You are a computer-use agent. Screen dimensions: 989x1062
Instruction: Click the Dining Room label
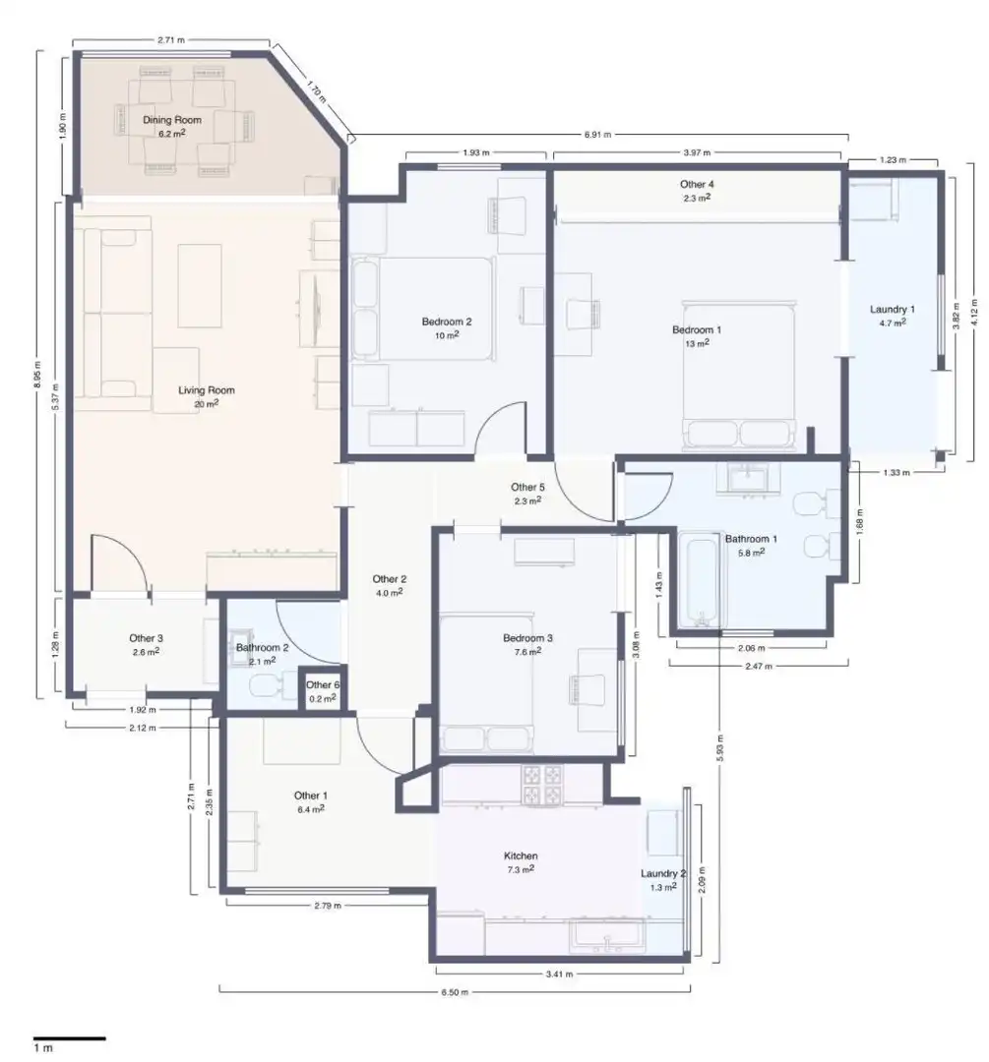(x=171, y=120)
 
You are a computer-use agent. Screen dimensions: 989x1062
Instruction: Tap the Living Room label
(x=206, y=390)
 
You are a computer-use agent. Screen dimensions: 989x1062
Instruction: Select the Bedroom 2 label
(x=446, y=322)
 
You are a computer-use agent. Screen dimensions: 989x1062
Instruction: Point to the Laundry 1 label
(x=892, y=310)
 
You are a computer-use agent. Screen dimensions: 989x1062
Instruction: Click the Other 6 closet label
(x=323, y=684)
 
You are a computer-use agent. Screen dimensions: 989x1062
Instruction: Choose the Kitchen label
(x=521, y=856)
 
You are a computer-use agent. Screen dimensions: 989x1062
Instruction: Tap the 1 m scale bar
(x=70, y=1037)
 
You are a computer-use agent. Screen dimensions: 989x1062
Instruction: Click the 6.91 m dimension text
(x=597, y=134)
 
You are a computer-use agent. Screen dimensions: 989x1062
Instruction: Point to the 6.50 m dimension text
(x=455, y=992)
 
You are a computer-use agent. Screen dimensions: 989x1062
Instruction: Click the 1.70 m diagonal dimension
(x=316, y=92)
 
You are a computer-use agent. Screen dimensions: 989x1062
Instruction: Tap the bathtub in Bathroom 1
(x=701, y=580)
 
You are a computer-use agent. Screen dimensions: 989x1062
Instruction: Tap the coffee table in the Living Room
(x=200, y=286)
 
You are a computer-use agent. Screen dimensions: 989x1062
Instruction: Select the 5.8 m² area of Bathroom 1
(x=751, y=552)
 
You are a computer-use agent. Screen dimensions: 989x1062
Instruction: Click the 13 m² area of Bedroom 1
(x=697, y=343)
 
